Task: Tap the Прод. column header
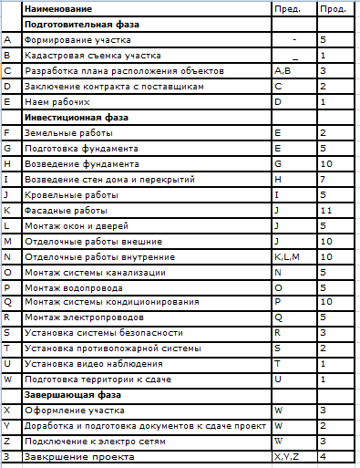click(331, 8)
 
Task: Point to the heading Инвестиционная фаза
click(77, 117)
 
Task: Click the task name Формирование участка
click(77, 40)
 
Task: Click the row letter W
click(8, 380)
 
